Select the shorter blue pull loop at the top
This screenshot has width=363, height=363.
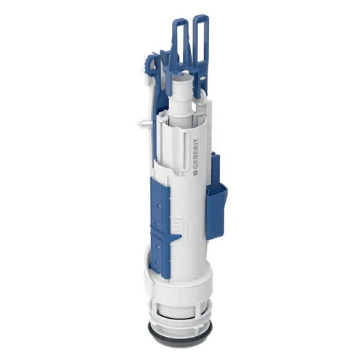coord(180,36)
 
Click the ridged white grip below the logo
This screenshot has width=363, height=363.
coord(178,224)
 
